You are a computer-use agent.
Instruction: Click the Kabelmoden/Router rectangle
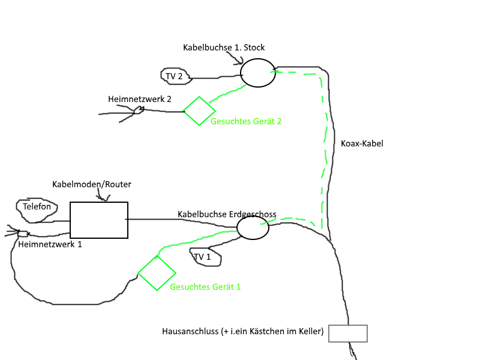(x=99, y=220)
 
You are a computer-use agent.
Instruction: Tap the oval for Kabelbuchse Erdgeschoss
(x=253, y=227)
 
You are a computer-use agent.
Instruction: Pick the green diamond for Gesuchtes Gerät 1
(x=157, y=273)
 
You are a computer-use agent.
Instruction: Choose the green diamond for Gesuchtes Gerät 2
(x=199, y=110)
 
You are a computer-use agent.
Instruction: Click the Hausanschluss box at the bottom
(x=348, y=334)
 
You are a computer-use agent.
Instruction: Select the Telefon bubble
(x=37, y=207)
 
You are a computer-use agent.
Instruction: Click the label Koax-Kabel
(x=361, y=144)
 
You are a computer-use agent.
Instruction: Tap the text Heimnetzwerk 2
(x=139, y=99)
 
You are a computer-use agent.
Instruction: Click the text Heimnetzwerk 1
(x=50, y=245)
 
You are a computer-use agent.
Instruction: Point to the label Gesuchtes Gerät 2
(x=246, y=121)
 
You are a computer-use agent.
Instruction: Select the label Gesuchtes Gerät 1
(x=205, y=287)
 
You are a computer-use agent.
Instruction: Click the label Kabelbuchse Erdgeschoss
(x=227, y=214)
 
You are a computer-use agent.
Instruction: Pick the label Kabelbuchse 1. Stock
(x=223, y=47)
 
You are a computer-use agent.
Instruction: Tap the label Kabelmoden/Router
(x=91, y=184)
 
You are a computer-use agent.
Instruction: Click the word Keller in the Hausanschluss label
(x=310, y=331)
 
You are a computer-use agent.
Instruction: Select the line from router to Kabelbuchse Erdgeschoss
(x=180, y=220)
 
